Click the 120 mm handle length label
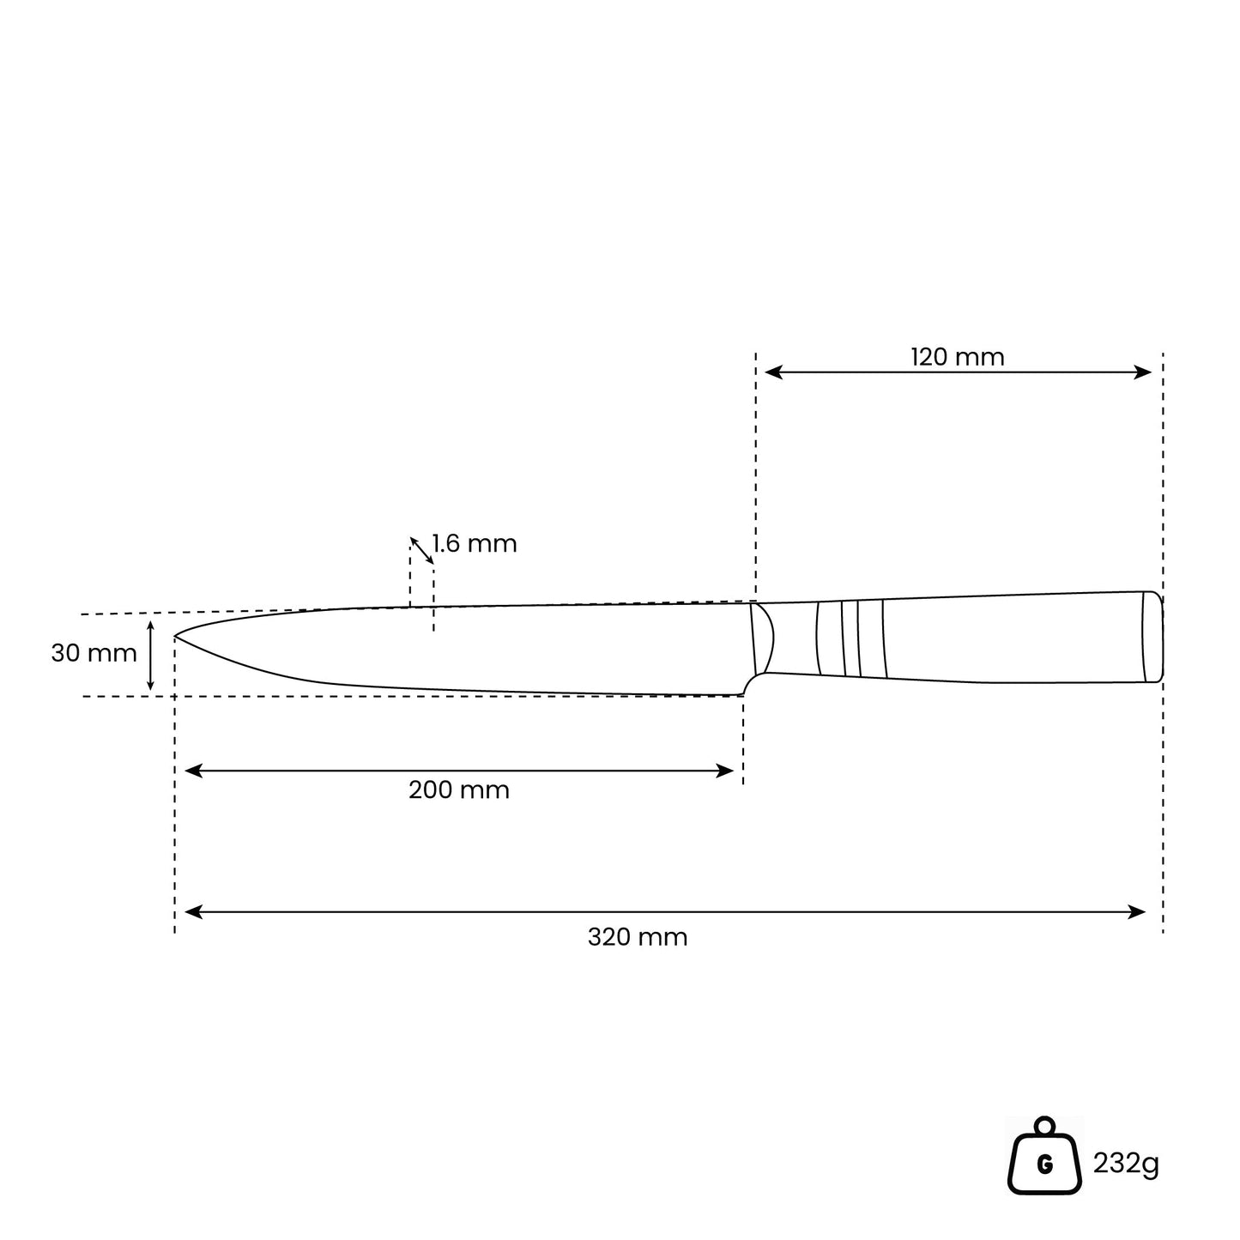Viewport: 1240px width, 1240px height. (957, 356)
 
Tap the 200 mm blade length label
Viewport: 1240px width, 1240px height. (458, 789)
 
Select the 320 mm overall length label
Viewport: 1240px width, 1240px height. (638, 937)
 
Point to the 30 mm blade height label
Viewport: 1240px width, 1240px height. (94, 653)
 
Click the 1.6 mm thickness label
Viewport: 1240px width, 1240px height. (475, 544)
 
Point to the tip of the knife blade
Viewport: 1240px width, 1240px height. (178, 637)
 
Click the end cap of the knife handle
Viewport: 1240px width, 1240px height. (1153, 637)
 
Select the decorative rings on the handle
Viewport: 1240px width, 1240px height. (850, 638)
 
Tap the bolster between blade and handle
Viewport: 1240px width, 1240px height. (761, 639)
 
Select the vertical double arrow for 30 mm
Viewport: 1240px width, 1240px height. (150, 656)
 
